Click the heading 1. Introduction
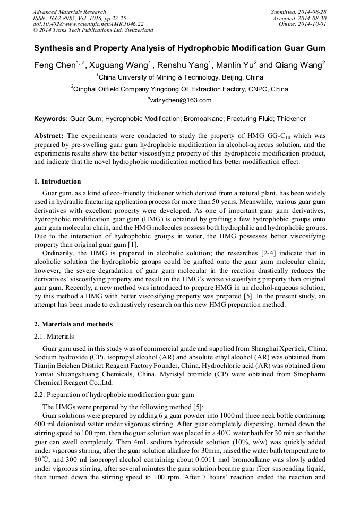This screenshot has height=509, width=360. pos(57,182)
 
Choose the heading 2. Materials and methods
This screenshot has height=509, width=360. pos(73,324)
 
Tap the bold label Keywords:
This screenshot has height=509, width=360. pos(51,119)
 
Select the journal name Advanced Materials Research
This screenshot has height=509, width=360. pos(69,12)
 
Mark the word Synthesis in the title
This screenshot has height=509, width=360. pos(55,48)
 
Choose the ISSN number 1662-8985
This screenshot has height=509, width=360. pos(64,18)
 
